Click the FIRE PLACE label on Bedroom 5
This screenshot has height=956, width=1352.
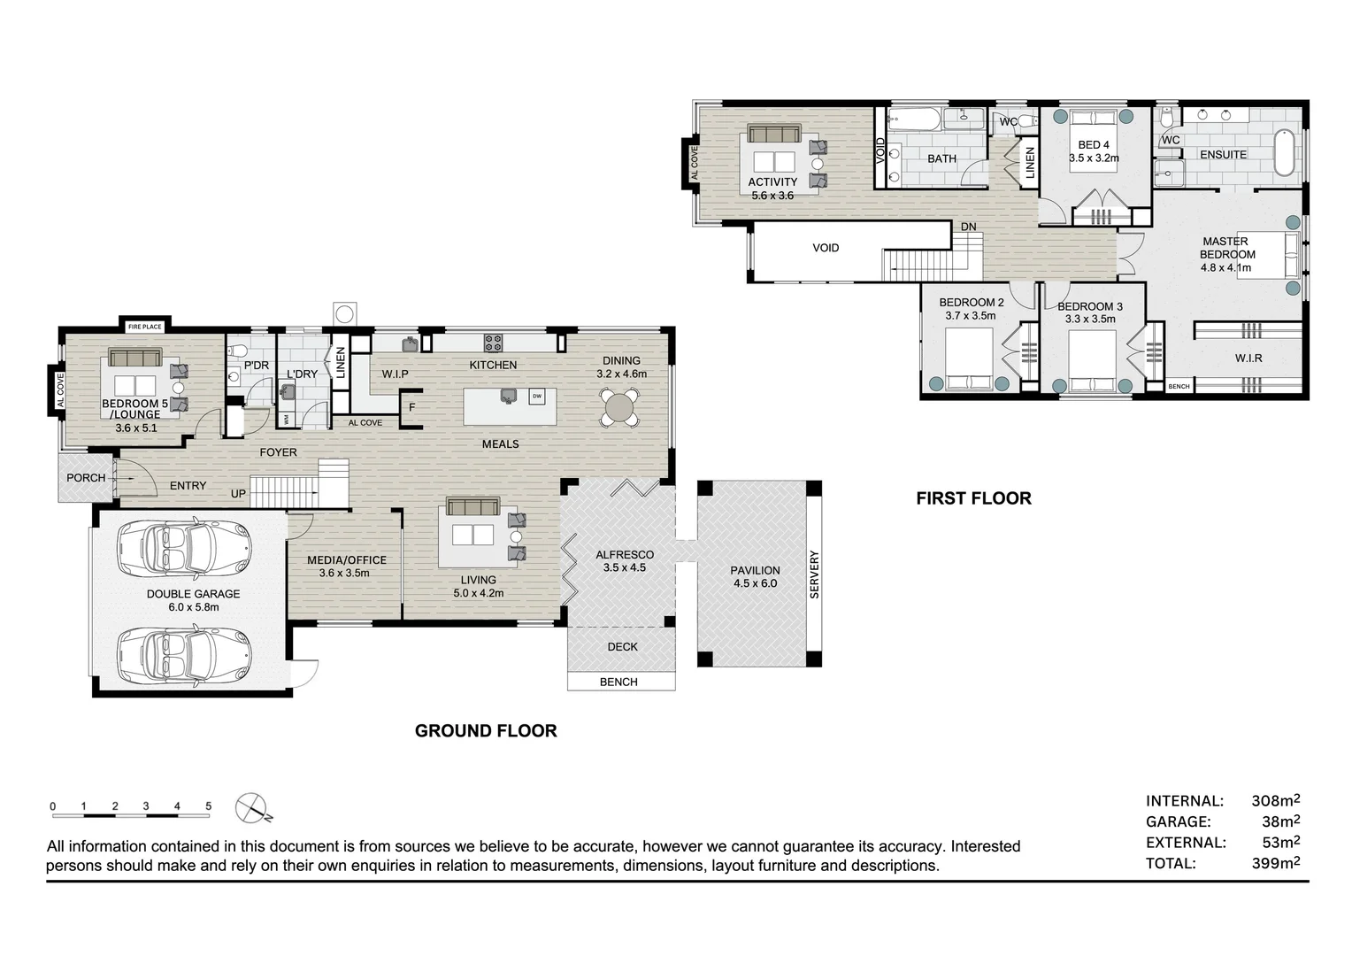coord(145,327)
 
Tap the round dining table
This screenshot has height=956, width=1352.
coord(619,408)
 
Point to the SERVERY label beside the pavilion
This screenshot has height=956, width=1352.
coord(814,574)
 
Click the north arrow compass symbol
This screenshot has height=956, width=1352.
coord(251,808)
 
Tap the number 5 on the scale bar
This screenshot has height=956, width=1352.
coord(208,806)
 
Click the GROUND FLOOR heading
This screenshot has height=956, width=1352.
coord(486,731)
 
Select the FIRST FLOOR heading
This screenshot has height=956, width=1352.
coord(973,498)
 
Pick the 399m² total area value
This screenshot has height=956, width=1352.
coord(1276,863)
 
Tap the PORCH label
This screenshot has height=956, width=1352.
coord(86,478)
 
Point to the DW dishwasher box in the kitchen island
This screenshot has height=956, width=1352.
coord(536,397)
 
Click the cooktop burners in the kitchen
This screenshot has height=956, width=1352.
coord(493,343)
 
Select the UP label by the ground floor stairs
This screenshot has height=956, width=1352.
coord(238,493)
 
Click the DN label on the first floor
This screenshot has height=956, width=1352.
coord(968,227)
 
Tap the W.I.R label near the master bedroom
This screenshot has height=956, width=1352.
coord(1248,358)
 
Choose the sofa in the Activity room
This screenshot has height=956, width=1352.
coord(774,134)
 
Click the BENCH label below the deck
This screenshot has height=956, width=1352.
coord(618,682)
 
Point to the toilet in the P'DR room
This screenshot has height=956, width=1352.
coord(237,350)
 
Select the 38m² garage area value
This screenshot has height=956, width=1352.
coord(1281,821)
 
